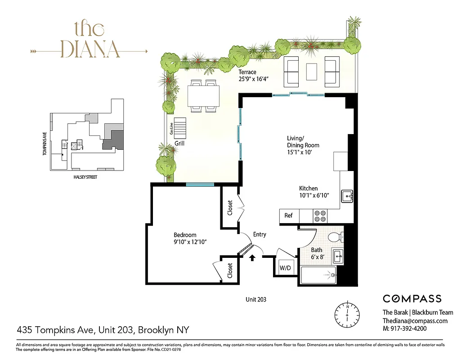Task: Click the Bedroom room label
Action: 185,235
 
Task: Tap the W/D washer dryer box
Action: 285,268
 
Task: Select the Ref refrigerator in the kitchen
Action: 288,216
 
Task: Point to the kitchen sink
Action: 347,196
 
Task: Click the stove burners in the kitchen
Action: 320,216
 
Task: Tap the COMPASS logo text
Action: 412,299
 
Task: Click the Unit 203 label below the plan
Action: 257,299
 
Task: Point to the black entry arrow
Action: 252,258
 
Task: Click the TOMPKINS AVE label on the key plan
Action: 45,143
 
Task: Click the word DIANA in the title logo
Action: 90,49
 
